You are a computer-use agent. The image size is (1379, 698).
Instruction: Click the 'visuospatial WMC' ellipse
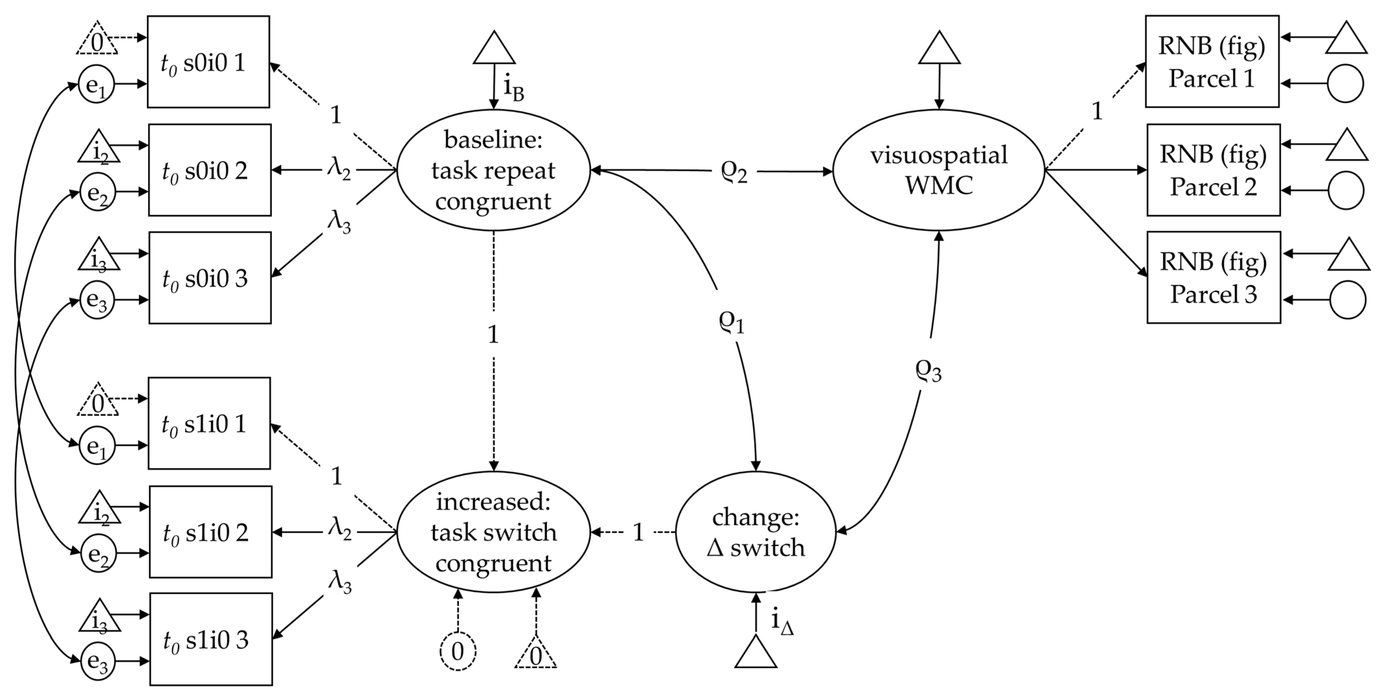point(938,170)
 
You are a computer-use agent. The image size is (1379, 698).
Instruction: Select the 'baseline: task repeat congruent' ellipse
point(493,170)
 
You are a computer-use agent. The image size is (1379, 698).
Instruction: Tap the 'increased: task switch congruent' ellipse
point(493,532)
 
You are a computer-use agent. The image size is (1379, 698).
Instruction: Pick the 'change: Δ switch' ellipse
point(756,532)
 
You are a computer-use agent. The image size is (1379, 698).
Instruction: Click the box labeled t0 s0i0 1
point(208,62)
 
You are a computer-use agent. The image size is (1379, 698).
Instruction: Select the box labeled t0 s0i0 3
point(210,278)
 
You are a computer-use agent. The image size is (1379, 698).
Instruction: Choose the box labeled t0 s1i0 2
point(210,532)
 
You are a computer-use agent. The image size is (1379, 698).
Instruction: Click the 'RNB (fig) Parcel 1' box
point(1212,62)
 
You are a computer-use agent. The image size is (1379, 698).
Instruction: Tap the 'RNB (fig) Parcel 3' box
point(1214,278)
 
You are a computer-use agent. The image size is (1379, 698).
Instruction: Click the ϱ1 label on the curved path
point(731,321)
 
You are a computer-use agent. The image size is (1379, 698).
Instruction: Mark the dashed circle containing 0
point(458,651)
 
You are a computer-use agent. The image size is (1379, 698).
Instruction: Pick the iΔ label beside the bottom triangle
point(782,621)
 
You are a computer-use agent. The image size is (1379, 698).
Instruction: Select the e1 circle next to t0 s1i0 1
point(97,445)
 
